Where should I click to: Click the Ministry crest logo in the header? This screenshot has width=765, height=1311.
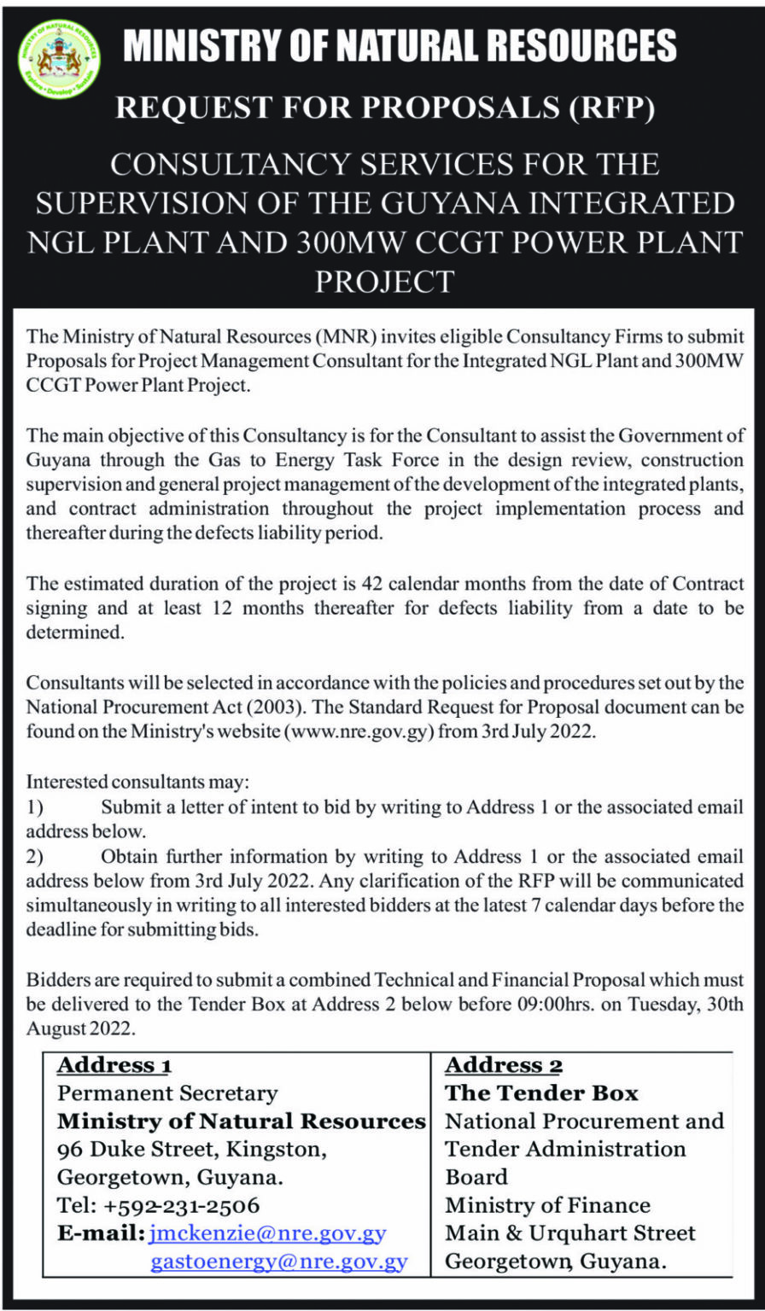coord(59,59)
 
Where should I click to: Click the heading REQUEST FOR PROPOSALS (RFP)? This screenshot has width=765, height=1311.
coord(382,108)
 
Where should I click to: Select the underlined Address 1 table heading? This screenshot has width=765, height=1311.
coord(114,1065)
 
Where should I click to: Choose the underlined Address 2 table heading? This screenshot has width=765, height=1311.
coord(504,1065)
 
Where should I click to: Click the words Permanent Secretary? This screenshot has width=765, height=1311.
coord(167,1093)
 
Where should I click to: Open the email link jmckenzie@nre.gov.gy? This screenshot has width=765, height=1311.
coord(267,1233)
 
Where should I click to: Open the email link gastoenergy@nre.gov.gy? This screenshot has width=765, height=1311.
coord(279,1261)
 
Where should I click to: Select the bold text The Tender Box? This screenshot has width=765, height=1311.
coord(541,1093)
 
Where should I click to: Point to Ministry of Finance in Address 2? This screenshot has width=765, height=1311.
coord(547,1205)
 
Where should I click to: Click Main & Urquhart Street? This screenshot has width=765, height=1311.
coord(570,1233)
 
